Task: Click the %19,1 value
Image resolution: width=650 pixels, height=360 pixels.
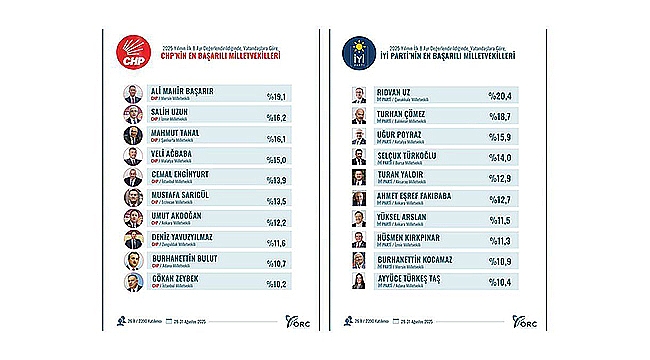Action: [274, 96]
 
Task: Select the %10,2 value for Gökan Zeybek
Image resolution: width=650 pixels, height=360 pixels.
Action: [274, 283]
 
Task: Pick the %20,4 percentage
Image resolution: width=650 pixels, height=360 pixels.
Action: [501, 96]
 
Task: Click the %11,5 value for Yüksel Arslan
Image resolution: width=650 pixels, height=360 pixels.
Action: [501, 220]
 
